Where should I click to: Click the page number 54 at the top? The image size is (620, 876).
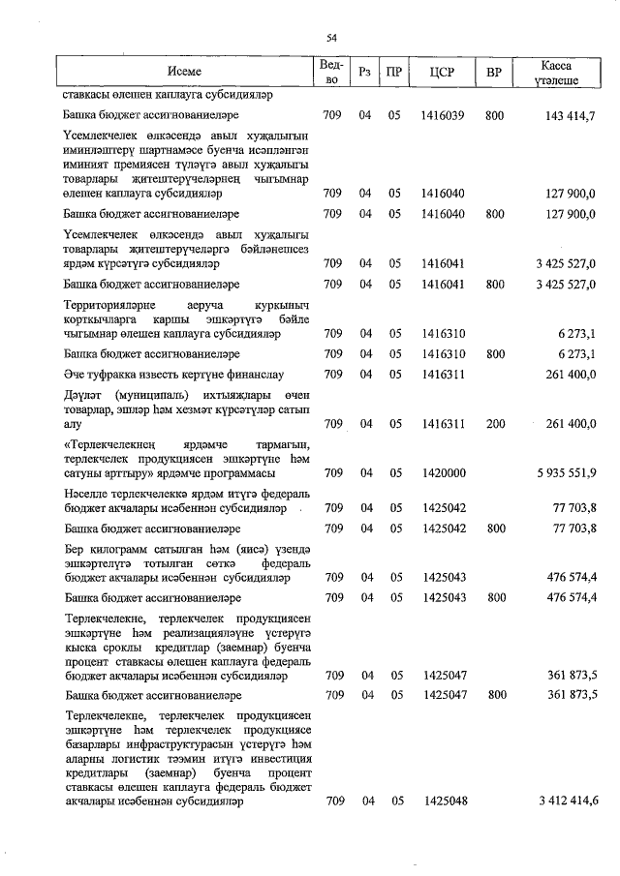click(x=331, y=38)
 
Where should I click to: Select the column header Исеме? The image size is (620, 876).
click(x=184, y=73)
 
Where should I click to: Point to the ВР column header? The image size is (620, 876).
click(x=494, y=73)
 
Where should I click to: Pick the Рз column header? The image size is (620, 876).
click(x=364, y=73)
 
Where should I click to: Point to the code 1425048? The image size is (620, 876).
click(x=445, y=801)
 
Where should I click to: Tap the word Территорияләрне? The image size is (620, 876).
click(x=110, y=305)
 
